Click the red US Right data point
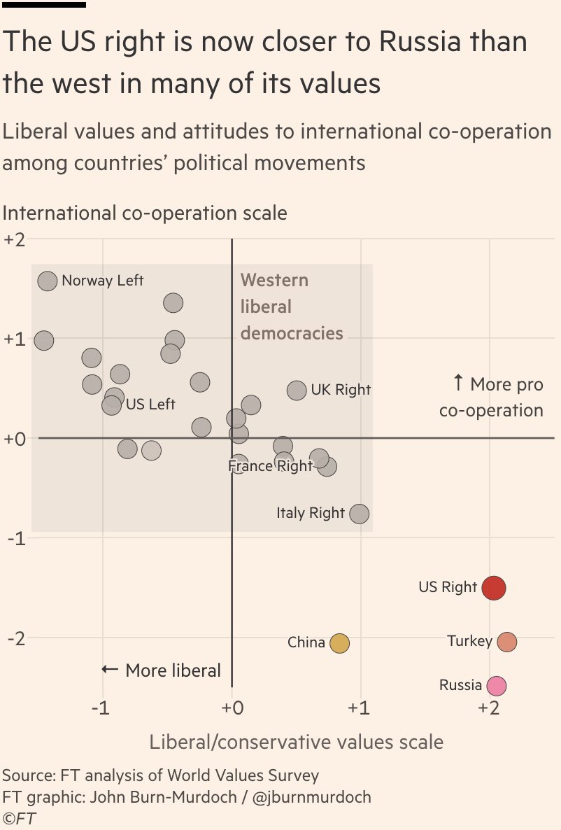click(x=494, y=588)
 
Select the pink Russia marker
click(x=496, y=687)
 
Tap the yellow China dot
click(x=339, y=643)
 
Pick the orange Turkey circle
click(x=507, y=642)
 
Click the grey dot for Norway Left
click(x=47, y=281)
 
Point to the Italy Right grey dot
click(x=359, y=514)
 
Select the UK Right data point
click(x=297, y=391)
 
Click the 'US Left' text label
click(x=150, y=405)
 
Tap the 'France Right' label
click(x=271, y=466)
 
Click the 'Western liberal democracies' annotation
click(x=292, y=307)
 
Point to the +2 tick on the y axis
click(x=15, y=239)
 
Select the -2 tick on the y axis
click(x=16, y=638)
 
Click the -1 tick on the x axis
click(x=102, y=708)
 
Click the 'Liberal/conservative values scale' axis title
click(x=296, y=741)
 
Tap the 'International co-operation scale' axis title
click(x=145, y=213)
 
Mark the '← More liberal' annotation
click(x=162, y=670)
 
